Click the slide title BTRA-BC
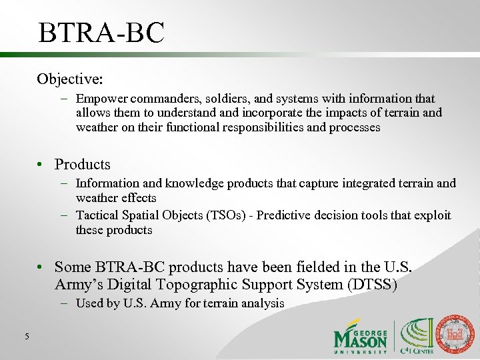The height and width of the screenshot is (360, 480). [101, 33]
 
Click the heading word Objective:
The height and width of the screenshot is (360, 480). [70, 79]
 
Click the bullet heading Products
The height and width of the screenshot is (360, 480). [82, 164]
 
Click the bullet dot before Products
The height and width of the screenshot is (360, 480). [42, 165]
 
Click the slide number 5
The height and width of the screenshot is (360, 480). [27, 337]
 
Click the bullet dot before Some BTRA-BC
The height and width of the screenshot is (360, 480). [42, 267]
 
